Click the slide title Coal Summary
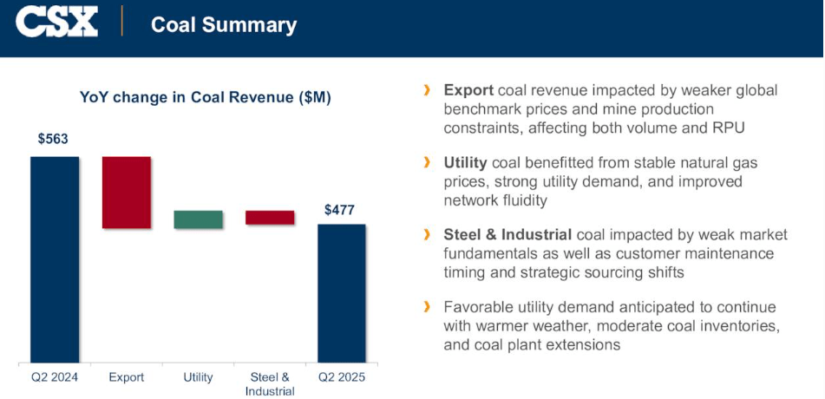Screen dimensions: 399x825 224,24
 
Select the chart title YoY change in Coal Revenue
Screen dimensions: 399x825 206,97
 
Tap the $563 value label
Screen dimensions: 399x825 53,139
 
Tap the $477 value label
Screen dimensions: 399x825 339,209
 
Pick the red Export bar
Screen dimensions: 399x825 127,193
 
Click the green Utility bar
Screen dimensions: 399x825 198,219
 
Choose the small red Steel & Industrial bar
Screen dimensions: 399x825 270,218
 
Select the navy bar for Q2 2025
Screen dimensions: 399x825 341,292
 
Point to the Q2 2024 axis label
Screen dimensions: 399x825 55,377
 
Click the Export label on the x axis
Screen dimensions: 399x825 127,377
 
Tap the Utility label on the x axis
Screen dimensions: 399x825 198,377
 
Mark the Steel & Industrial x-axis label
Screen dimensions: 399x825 270,383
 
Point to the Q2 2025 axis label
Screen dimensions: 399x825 341,377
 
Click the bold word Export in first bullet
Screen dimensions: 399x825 469,90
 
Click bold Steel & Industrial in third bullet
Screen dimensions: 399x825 507,234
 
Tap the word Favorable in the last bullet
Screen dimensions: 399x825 479,307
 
